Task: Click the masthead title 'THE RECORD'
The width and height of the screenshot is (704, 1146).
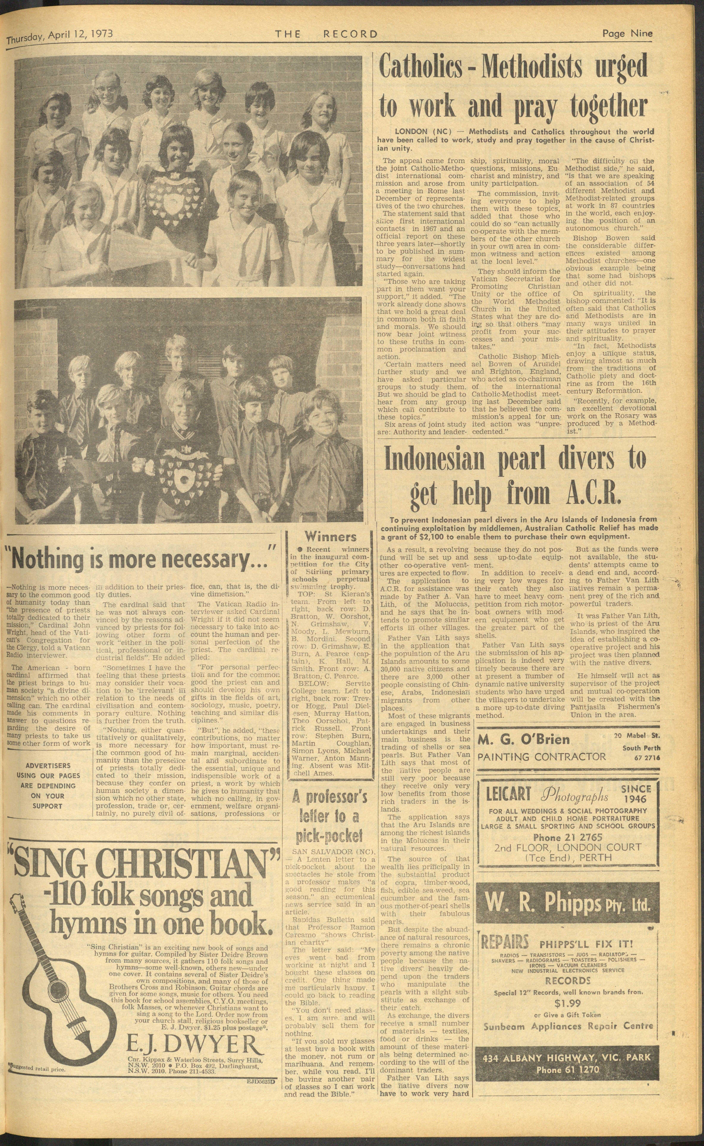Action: click(x=326, y=34)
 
